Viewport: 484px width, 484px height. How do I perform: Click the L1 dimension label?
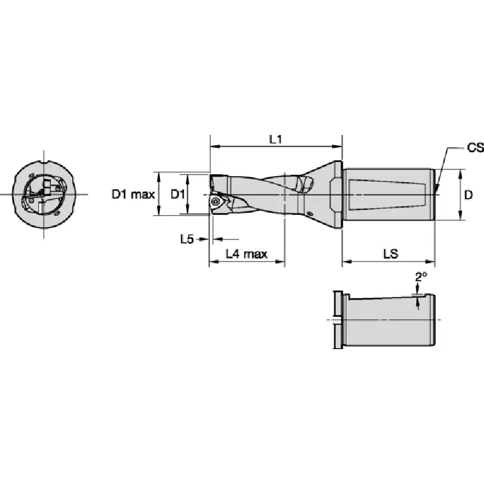[275, 140]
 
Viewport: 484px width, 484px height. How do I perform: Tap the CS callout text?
[475, 148]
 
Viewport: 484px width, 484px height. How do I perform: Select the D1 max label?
[133, 194]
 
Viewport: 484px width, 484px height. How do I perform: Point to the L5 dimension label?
[187, 238]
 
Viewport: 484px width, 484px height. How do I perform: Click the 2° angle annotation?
[420, 277]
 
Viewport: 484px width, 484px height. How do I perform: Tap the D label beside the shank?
[468, 195]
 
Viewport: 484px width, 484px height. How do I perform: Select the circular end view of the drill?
[44, 194]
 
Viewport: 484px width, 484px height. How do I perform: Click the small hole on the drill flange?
[310, 214]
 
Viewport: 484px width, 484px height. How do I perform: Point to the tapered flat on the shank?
[387, 195]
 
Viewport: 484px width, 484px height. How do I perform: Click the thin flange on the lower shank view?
[338, 319]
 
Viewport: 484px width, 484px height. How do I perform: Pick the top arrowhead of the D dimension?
[460, 174]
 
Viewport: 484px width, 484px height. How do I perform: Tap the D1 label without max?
[178, 194]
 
